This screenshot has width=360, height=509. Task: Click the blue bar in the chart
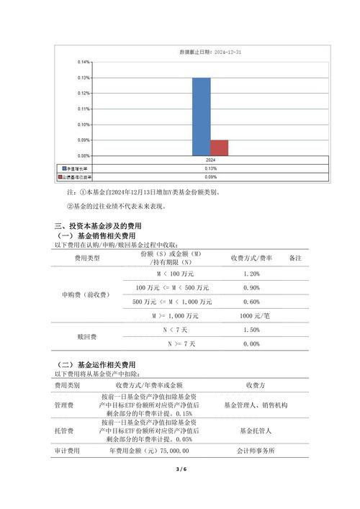pos(201,116)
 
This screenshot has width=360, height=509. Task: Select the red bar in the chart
pos(219,148)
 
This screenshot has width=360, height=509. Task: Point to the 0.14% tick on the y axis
pos(84,62)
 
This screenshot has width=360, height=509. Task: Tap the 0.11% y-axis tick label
pos(84,109)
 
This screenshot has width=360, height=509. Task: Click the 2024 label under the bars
pos(210,160)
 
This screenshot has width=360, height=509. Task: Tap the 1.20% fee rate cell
pos(251,275)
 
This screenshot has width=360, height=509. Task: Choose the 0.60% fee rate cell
pos(251,302)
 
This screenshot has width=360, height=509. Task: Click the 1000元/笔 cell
pos(251,316)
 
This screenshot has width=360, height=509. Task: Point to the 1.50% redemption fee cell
pos(251,330)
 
